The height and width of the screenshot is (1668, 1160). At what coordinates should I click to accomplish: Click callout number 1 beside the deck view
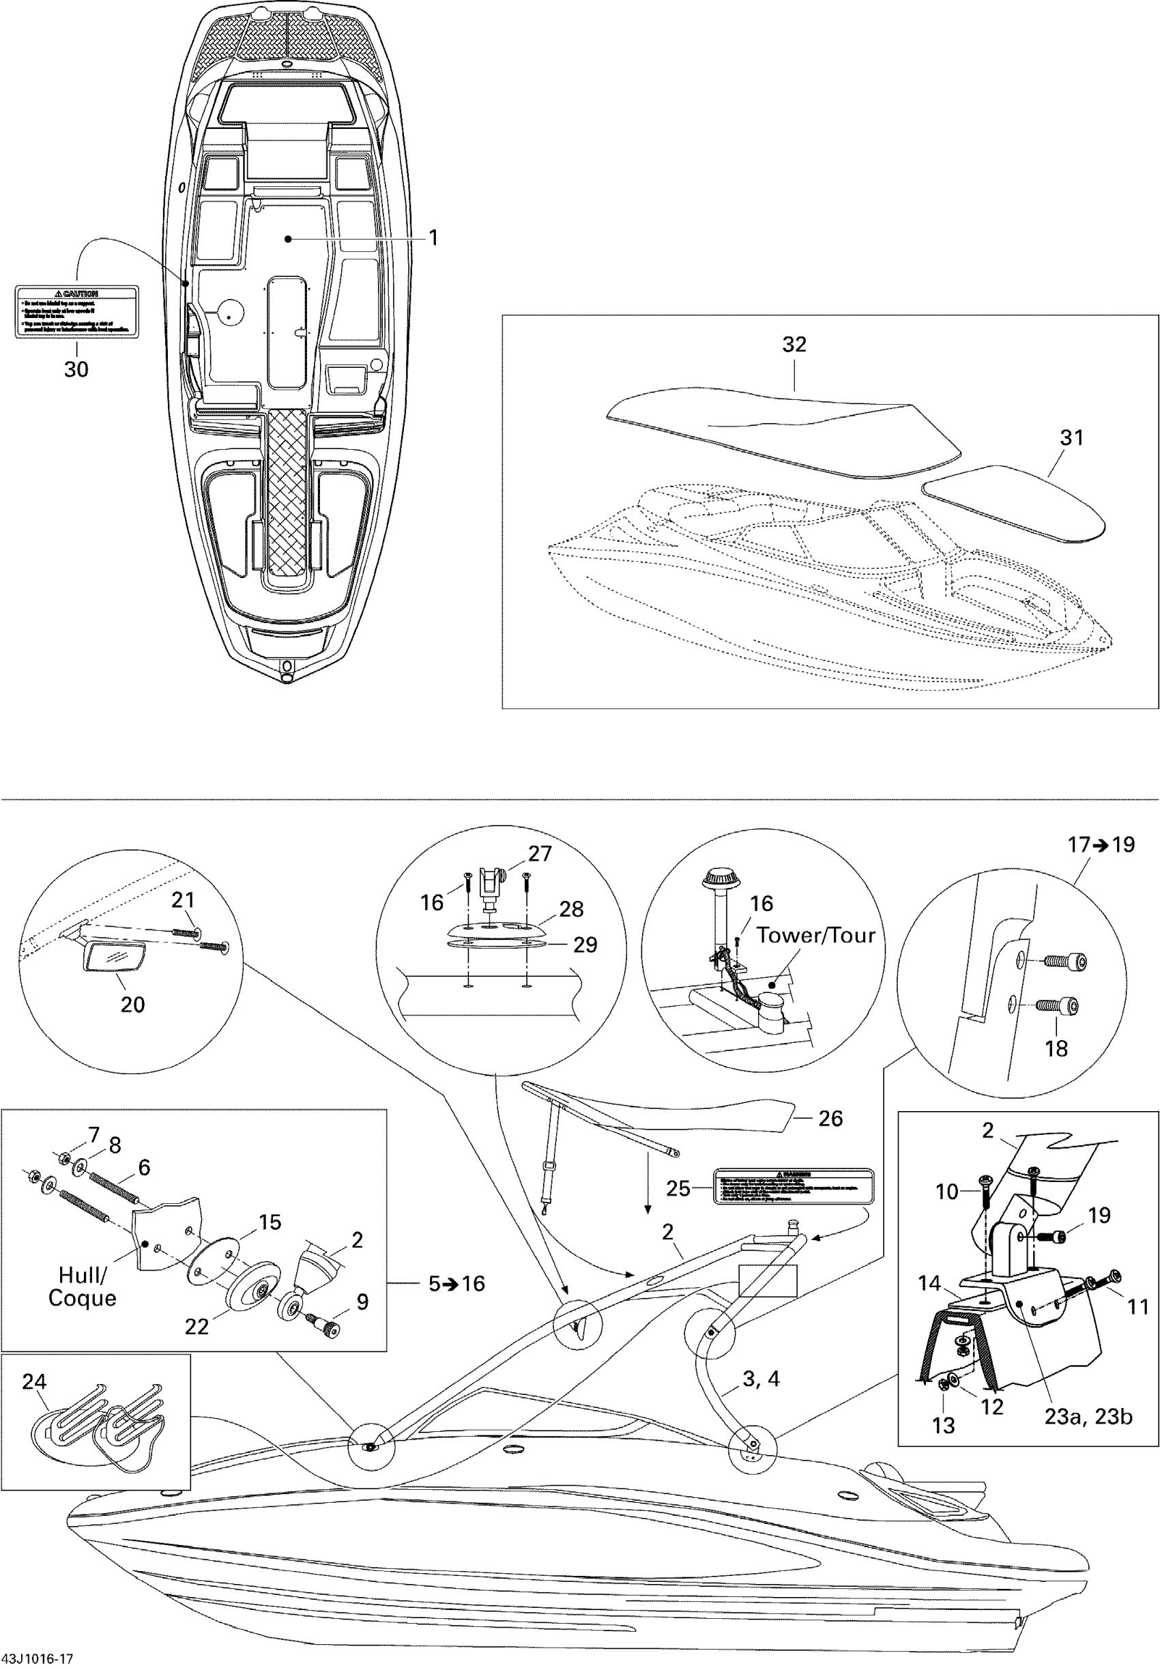[434, 238]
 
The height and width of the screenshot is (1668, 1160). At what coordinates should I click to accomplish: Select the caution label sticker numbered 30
[76, 311]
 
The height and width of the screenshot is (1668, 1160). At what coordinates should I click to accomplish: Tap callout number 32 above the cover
[794, 345]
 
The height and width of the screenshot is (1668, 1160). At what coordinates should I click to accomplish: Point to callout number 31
[1071, 437]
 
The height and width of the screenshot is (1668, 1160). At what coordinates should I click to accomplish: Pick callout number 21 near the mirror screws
[183, 900]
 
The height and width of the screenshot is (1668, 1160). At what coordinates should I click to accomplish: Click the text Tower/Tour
[815, 935]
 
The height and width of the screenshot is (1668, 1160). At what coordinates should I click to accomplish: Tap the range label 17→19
[1101, 845]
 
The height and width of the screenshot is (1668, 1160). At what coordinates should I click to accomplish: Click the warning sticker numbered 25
[794, 1188]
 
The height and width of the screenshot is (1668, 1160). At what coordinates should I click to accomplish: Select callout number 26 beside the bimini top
[830, 1118]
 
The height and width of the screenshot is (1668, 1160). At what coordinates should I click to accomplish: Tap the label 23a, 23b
[1088, 1417]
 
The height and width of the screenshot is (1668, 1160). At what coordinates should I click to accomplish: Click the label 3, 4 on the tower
[761, 1378]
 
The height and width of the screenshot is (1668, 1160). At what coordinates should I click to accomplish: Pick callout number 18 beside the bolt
[1056, 1048]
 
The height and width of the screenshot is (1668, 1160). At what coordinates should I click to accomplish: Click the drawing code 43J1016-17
[37, 1658]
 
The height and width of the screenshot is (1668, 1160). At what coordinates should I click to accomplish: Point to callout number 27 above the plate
[540, 854]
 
